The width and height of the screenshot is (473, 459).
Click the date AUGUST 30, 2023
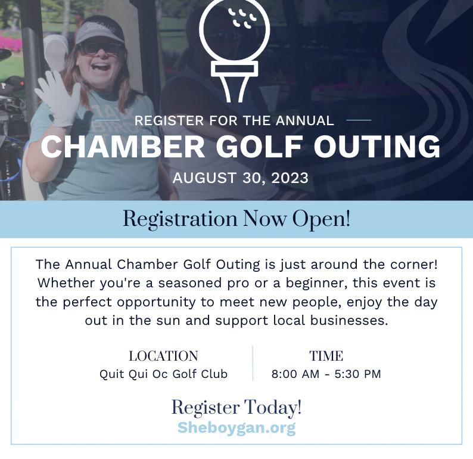click(x=240, y=178)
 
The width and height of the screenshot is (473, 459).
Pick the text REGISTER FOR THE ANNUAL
click(x=234, y=120)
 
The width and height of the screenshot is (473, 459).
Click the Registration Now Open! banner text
click(x=236, y=219)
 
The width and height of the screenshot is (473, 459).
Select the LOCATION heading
click(x=163, y=356)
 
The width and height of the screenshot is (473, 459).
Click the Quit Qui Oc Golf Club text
click(x=163, y=374)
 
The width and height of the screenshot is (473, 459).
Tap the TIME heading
click(x=326, y=356)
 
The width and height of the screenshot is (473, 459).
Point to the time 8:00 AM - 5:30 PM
click(x=326, y=374)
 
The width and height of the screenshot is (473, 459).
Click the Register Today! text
click(x=236, y=408)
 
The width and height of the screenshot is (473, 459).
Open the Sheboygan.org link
click(x=236, y=427)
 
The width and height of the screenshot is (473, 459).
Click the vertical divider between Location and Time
click(x=253, y=364)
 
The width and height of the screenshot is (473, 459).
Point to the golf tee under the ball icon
click(x=234, y=80)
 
